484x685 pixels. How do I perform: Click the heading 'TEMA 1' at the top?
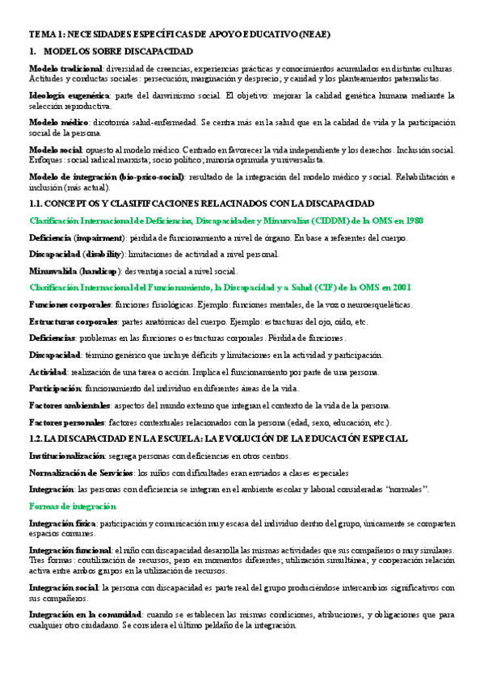[x=49, y=35]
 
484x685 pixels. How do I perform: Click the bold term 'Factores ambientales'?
[x=69, y=405]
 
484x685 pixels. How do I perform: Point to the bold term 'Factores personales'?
[x=67, y=422]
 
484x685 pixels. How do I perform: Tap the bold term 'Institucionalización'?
[x=67, y=456]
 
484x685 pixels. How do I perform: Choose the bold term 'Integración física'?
[x=61, y=523]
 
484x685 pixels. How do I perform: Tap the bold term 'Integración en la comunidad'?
[x=85, y=615]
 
